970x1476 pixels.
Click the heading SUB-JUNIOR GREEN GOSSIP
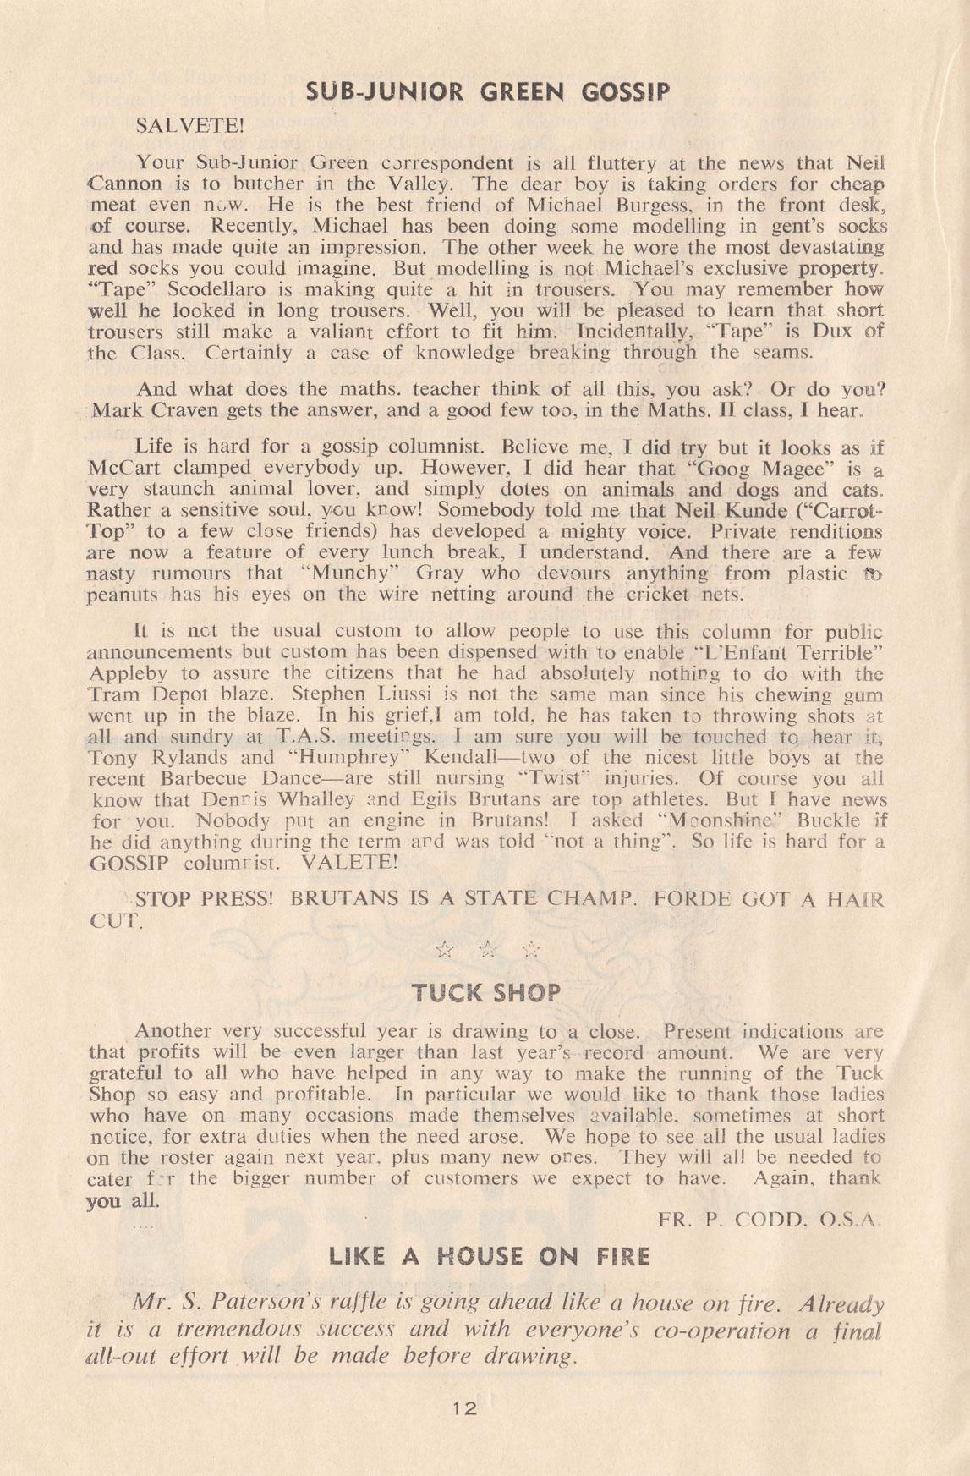pos(485,91)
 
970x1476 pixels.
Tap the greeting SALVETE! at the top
pos(189,127)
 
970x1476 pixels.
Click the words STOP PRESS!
pos(203,901)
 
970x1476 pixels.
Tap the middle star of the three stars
pos(486,950)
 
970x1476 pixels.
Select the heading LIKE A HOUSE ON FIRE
pos(485,1256)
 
